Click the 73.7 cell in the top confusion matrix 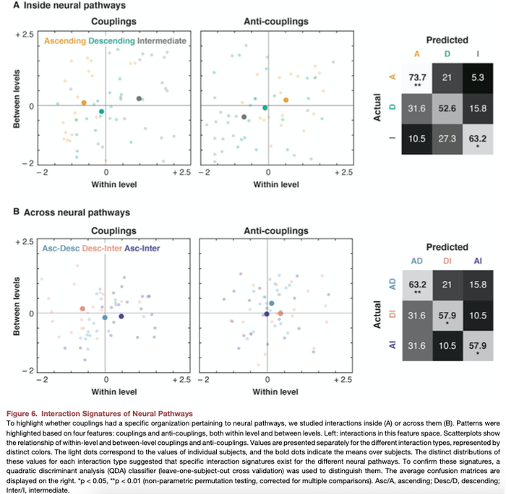(x=416, y=79)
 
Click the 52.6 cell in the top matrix (x=447, y=109)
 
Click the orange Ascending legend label (x=65, y=41)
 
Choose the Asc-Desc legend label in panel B (x=60, y=248)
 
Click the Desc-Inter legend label (x=101, y=248)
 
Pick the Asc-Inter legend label (x=142, y=248)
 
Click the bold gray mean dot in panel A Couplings (x=139, y=98)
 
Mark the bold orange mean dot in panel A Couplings (x=84, y=103)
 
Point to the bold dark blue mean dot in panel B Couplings (x=121, y=316)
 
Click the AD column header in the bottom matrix (x=416, y=261)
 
